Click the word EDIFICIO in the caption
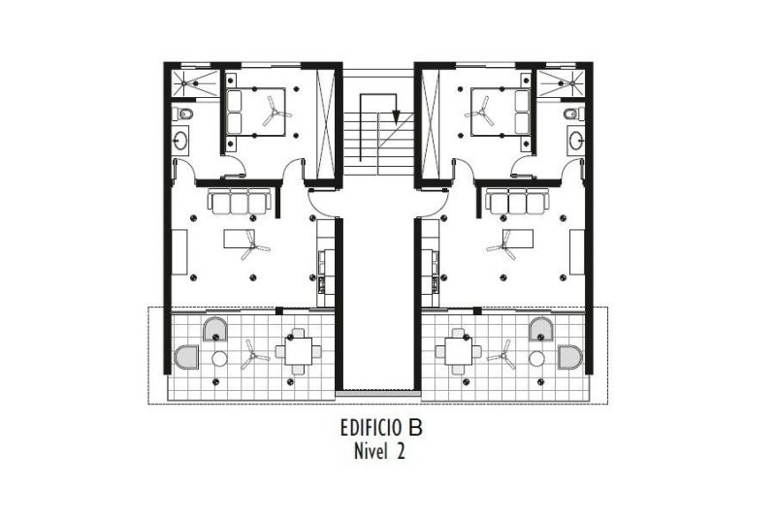click(371, 428)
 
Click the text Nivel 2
click(379, 451)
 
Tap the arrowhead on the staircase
click(396, 116)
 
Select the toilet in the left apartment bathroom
click(184, 114)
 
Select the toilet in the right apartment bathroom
click(571, 114)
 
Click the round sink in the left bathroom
click(180, 139)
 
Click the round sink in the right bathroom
click(575, 139)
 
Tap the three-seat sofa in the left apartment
click(240, 201)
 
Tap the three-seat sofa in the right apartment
click(517, 201)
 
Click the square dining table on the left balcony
click(299, 352)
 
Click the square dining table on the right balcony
click(458, 352)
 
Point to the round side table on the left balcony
click(219, 357)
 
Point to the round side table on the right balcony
click(537, 357)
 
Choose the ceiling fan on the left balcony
click(255, 356)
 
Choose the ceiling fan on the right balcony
click(502, 356)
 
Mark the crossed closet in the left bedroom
click(325, 124)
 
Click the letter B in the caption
click(416, 428)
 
